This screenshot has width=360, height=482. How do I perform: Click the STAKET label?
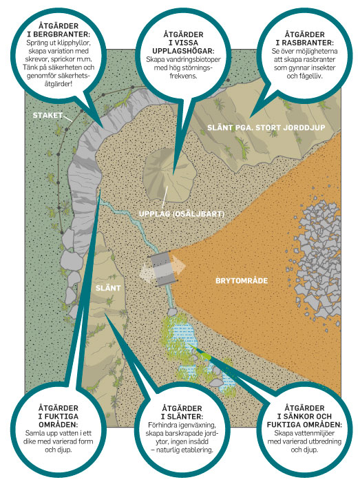[x=47, y=115]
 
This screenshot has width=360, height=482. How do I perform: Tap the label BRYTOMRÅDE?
[x=242, y=281]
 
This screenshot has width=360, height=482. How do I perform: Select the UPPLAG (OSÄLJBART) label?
[x=182, y=214]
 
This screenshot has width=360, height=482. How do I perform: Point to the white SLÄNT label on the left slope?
[x=108, y=288]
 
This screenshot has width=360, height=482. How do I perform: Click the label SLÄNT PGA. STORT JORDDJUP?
[x=266, y=127]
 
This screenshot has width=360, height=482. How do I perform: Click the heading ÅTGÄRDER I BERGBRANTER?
[x=59, y=30]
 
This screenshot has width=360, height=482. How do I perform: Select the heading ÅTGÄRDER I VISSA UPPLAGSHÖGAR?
[x=183, y=43]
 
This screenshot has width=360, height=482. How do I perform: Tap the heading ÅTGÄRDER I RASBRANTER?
[x=304, y=39]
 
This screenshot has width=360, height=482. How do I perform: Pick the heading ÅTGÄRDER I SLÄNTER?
[x=182, y=412]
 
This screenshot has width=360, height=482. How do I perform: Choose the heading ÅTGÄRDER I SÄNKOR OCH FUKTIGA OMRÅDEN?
[x=304, y=416]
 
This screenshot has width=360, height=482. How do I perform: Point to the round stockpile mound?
[x=169, y=175]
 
